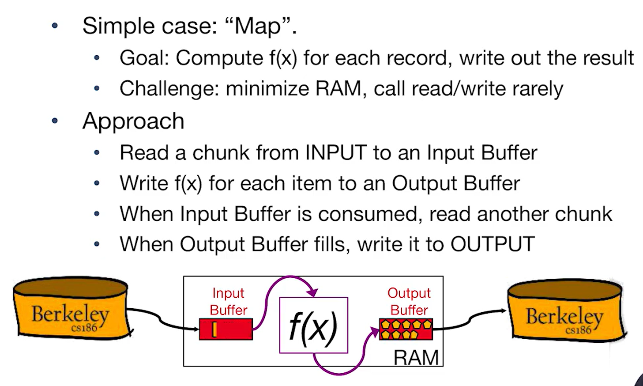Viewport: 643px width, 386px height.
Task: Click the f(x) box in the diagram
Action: coord(313,325)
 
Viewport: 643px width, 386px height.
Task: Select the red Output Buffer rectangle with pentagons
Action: coord(406,329)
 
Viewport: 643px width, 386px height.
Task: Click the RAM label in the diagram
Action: coord(416,357)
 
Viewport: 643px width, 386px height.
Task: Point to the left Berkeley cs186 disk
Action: coord(71,309)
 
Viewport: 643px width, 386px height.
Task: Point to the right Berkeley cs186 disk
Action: coord(565,311)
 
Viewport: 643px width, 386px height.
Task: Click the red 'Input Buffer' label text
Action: coord(228,301)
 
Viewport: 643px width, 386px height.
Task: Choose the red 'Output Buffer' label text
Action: coord(409,301)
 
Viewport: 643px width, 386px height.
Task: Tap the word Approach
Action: coord(133,121)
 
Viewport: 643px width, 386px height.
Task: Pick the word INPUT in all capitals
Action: coord(335,153)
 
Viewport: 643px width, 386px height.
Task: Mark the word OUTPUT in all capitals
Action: coord(493,244)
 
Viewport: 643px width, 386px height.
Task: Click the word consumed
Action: coord(370,214)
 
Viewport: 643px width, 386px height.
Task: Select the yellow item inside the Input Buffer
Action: coord(214,329)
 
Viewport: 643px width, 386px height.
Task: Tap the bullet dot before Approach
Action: coord(55,121)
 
